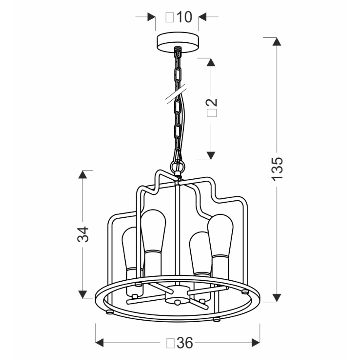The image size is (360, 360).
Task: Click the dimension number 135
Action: tap(277, 168)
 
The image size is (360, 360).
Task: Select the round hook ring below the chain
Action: tap(178, 167)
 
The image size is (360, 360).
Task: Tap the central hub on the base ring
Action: tap(177, 296)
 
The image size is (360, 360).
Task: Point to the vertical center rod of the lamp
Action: tap(178, 232)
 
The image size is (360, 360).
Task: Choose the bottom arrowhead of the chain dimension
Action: tap(211, 155)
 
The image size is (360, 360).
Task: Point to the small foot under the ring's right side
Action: tap(216, 319)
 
